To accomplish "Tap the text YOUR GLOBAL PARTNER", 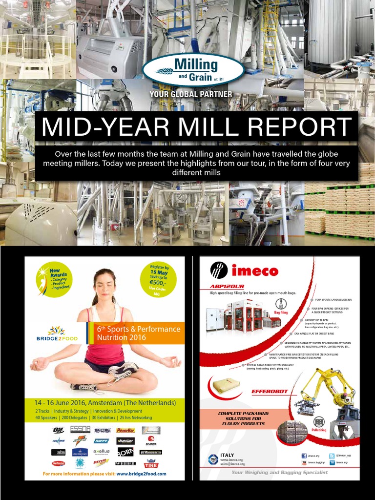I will [191, 94].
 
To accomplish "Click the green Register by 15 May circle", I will [159, 277].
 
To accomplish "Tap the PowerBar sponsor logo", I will [125, 430].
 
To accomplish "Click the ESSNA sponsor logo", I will [80, 430].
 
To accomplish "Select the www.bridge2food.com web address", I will [141, 474].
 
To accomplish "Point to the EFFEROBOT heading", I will [268, 392].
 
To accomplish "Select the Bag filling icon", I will [281, 305].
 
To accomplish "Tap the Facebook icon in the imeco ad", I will [304, 455].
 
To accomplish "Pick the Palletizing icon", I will [319, 423].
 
